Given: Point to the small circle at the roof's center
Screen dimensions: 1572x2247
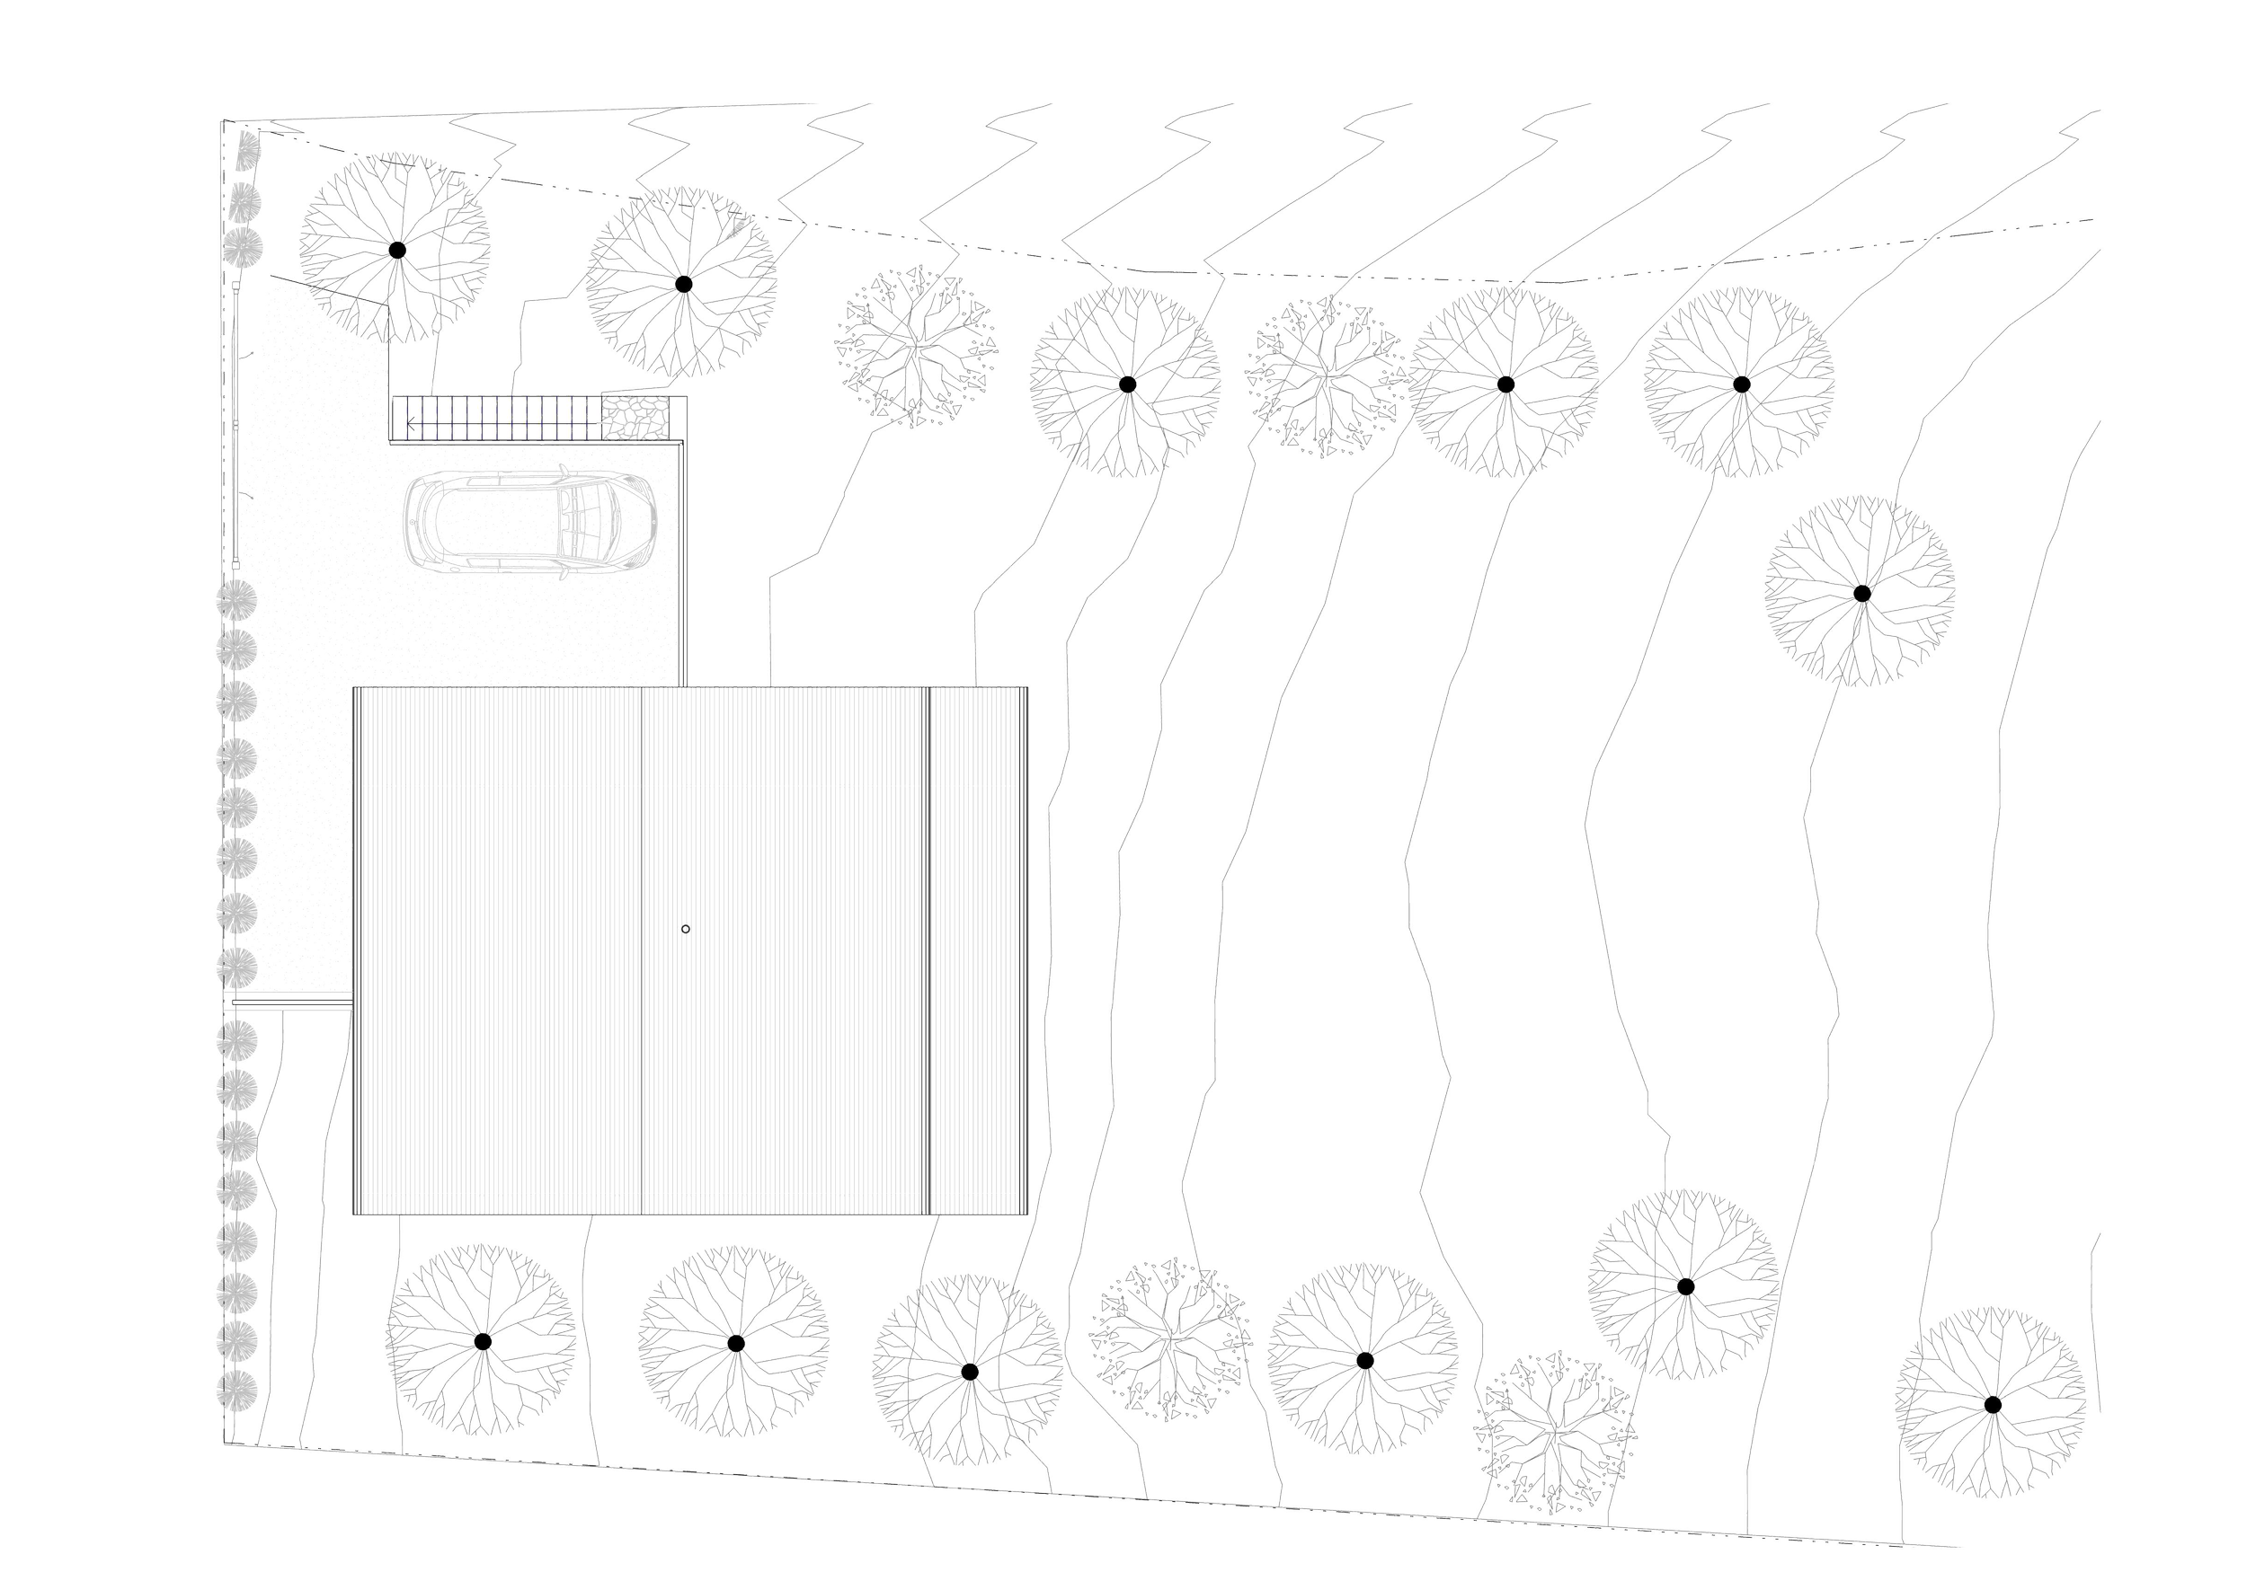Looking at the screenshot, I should click(x=685, y=928).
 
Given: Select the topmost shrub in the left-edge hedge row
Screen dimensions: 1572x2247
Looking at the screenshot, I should click(x=245, y=149).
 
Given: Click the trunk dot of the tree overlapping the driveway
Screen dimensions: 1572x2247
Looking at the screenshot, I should click(x=395, y=251).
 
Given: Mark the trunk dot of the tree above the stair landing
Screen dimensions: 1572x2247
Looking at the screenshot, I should click(x=683, y=284).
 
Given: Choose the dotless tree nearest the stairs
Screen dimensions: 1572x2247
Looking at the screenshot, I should click(x=916, y=348).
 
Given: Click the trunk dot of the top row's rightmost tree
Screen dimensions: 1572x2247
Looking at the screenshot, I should click(x=1740, y=383).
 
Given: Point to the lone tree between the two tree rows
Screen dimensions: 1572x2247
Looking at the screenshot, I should click(x=1861, y=593).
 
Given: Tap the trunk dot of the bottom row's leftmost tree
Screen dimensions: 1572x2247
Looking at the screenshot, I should click(x=482, y=1340).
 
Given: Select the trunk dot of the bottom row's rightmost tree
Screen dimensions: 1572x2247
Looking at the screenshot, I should click(x=1993, y=1405).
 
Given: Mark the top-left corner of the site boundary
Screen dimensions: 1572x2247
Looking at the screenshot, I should click(x=218, y=120).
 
